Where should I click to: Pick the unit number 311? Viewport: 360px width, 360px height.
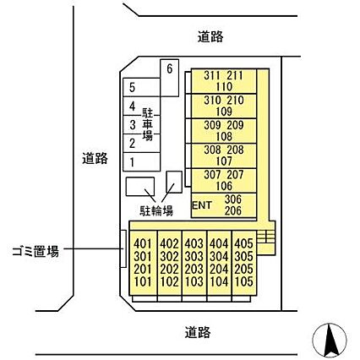211,75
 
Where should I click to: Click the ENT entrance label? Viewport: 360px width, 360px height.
202,205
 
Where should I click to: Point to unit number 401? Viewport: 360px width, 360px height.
143,243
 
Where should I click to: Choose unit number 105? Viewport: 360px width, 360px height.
244,281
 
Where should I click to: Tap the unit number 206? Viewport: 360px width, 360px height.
233,210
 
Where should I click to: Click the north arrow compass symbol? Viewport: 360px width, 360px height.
330,340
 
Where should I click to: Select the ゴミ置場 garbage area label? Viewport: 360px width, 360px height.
35,251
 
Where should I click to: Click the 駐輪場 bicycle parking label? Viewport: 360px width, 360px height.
156,210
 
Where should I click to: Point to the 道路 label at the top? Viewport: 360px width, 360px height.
210,37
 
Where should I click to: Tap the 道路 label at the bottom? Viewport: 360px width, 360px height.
198,332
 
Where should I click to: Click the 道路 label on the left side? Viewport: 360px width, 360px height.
95,159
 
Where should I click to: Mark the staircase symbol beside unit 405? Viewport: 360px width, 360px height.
266,237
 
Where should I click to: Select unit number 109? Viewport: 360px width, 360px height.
224,112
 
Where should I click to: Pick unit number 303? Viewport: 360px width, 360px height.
194,256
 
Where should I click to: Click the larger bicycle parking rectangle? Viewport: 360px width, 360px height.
140,187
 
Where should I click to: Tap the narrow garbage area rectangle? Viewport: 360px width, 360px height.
123,248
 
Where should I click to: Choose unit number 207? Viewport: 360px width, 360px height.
235,175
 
